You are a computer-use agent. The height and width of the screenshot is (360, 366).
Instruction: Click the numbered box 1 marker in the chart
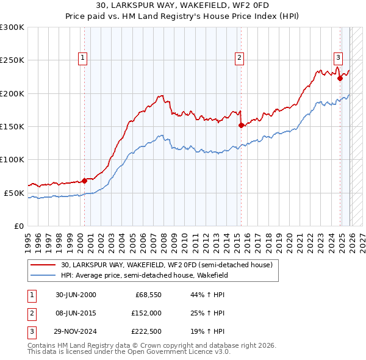point(82,58)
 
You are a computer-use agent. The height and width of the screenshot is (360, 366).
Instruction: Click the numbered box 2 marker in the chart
point(239,58)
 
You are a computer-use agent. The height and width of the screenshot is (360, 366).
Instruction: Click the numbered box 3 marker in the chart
point(338,58)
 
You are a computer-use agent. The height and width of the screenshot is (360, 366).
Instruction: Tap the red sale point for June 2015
point(241,125)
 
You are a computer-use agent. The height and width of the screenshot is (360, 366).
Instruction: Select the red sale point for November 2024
point(340,78)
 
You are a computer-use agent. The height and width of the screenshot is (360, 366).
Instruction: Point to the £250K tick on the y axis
point(12,60)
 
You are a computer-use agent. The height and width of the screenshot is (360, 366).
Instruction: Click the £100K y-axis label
point(12,159)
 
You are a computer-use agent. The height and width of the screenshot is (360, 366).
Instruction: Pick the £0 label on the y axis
point(18,226)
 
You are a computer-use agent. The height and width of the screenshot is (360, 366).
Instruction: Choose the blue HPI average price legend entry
point(144,275)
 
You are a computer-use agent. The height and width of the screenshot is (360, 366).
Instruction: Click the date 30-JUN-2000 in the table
point(76,295)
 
